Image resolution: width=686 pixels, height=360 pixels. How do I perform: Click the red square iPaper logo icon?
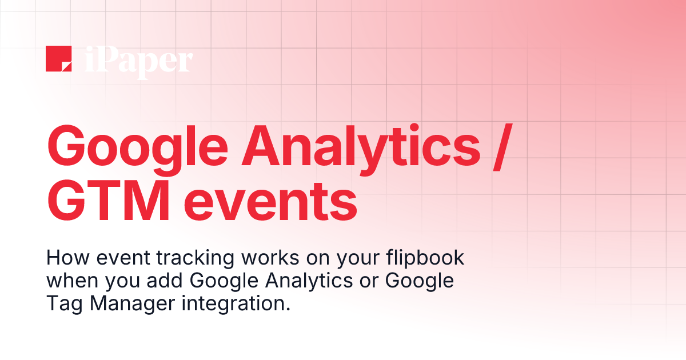click(58, 59)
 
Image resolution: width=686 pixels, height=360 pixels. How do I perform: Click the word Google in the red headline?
click(133, 147)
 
